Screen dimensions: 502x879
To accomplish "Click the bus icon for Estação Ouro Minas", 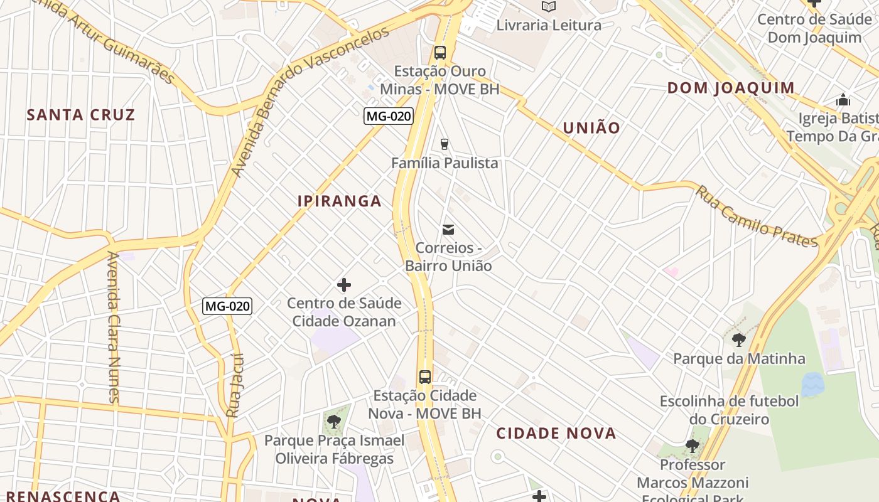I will tap(440, 53).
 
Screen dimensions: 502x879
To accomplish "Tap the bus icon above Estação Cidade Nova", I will tap(425, 377).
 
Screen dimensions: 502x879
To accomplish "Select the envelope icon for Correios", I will tap(448, 230).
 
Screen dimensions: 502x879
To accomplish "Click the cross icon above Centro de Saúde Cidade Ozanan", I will tap(344, 286).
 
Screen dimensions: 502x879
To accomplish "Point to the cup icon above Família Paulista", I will tap(445, 144).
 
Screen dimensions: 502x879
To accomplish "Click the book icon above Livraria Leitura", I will tap(549, 7).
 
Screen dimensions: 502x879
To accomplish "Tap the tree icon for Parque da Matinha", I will tap(739, 340).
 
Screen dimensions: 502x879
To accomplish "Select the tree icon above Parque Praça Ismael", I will tap(334, 421).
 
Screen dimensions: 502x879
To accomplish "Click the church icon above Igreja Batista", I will tap(843, 100).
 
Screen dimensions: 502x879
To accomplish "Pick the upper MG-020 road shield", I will tap(389, 116).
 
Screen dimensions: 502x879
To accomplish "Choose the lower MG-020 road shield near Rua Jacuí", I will tap(227, 306).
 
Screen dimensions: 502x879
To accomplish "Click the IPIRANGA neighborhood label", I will tap(340, 201).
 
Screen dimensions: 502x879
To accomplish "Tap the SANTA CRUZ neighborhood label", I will tap(81, 114).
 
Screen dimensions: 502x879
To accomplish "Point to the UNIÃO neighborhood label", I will tap(591, 128).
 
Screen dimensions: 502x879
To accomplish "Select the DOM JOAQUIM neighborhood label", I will tap(731, 88).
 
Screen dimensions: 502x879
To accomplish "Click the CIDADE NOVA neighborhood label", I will tap(556, 433).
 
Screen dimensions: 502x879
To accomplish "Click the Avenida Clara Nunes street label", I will tap(113, 326).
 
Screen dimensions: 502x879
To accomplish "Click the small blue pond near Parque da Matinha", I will tap(812, 384).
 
